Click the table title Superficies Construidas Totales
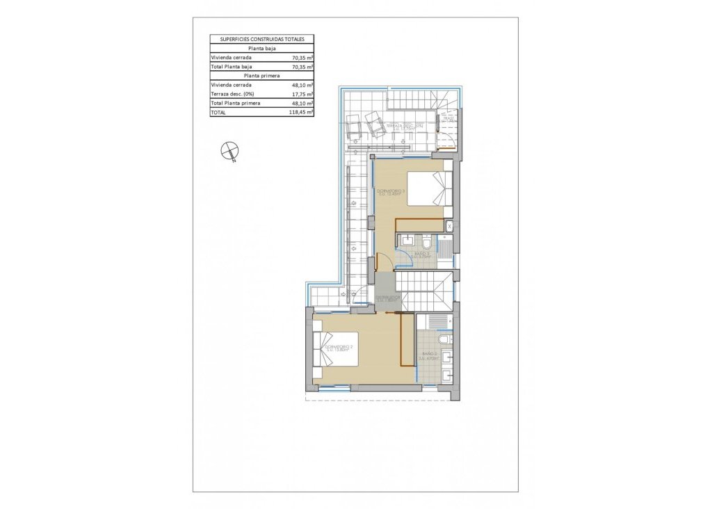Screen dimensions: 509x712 262,40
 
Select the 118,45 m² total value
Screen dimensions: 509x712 301,111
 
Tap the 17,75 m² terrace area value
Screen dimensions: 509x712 301,93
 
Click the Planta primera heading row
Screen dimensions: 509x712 262,75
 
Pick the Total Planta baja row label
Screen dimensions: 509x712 232,66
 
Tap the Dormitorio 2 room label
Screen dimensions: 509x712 339,348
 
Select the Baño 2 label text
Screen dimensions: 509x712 430,357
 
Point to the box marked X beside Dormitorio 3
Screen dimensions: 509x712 449,226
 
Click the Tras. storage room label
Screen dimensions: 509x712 448,120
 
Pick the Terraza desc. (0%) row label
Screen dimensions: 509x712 234,93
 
